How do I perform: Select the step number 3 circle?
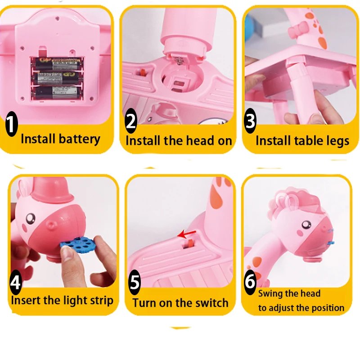click(x=250, y=121)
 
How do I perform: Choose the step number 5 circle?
click(x=135, y=283)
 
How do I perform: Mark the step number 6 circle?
click(x=250, y=281)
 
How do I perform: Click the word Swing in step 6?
click(x=270, y=294)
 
